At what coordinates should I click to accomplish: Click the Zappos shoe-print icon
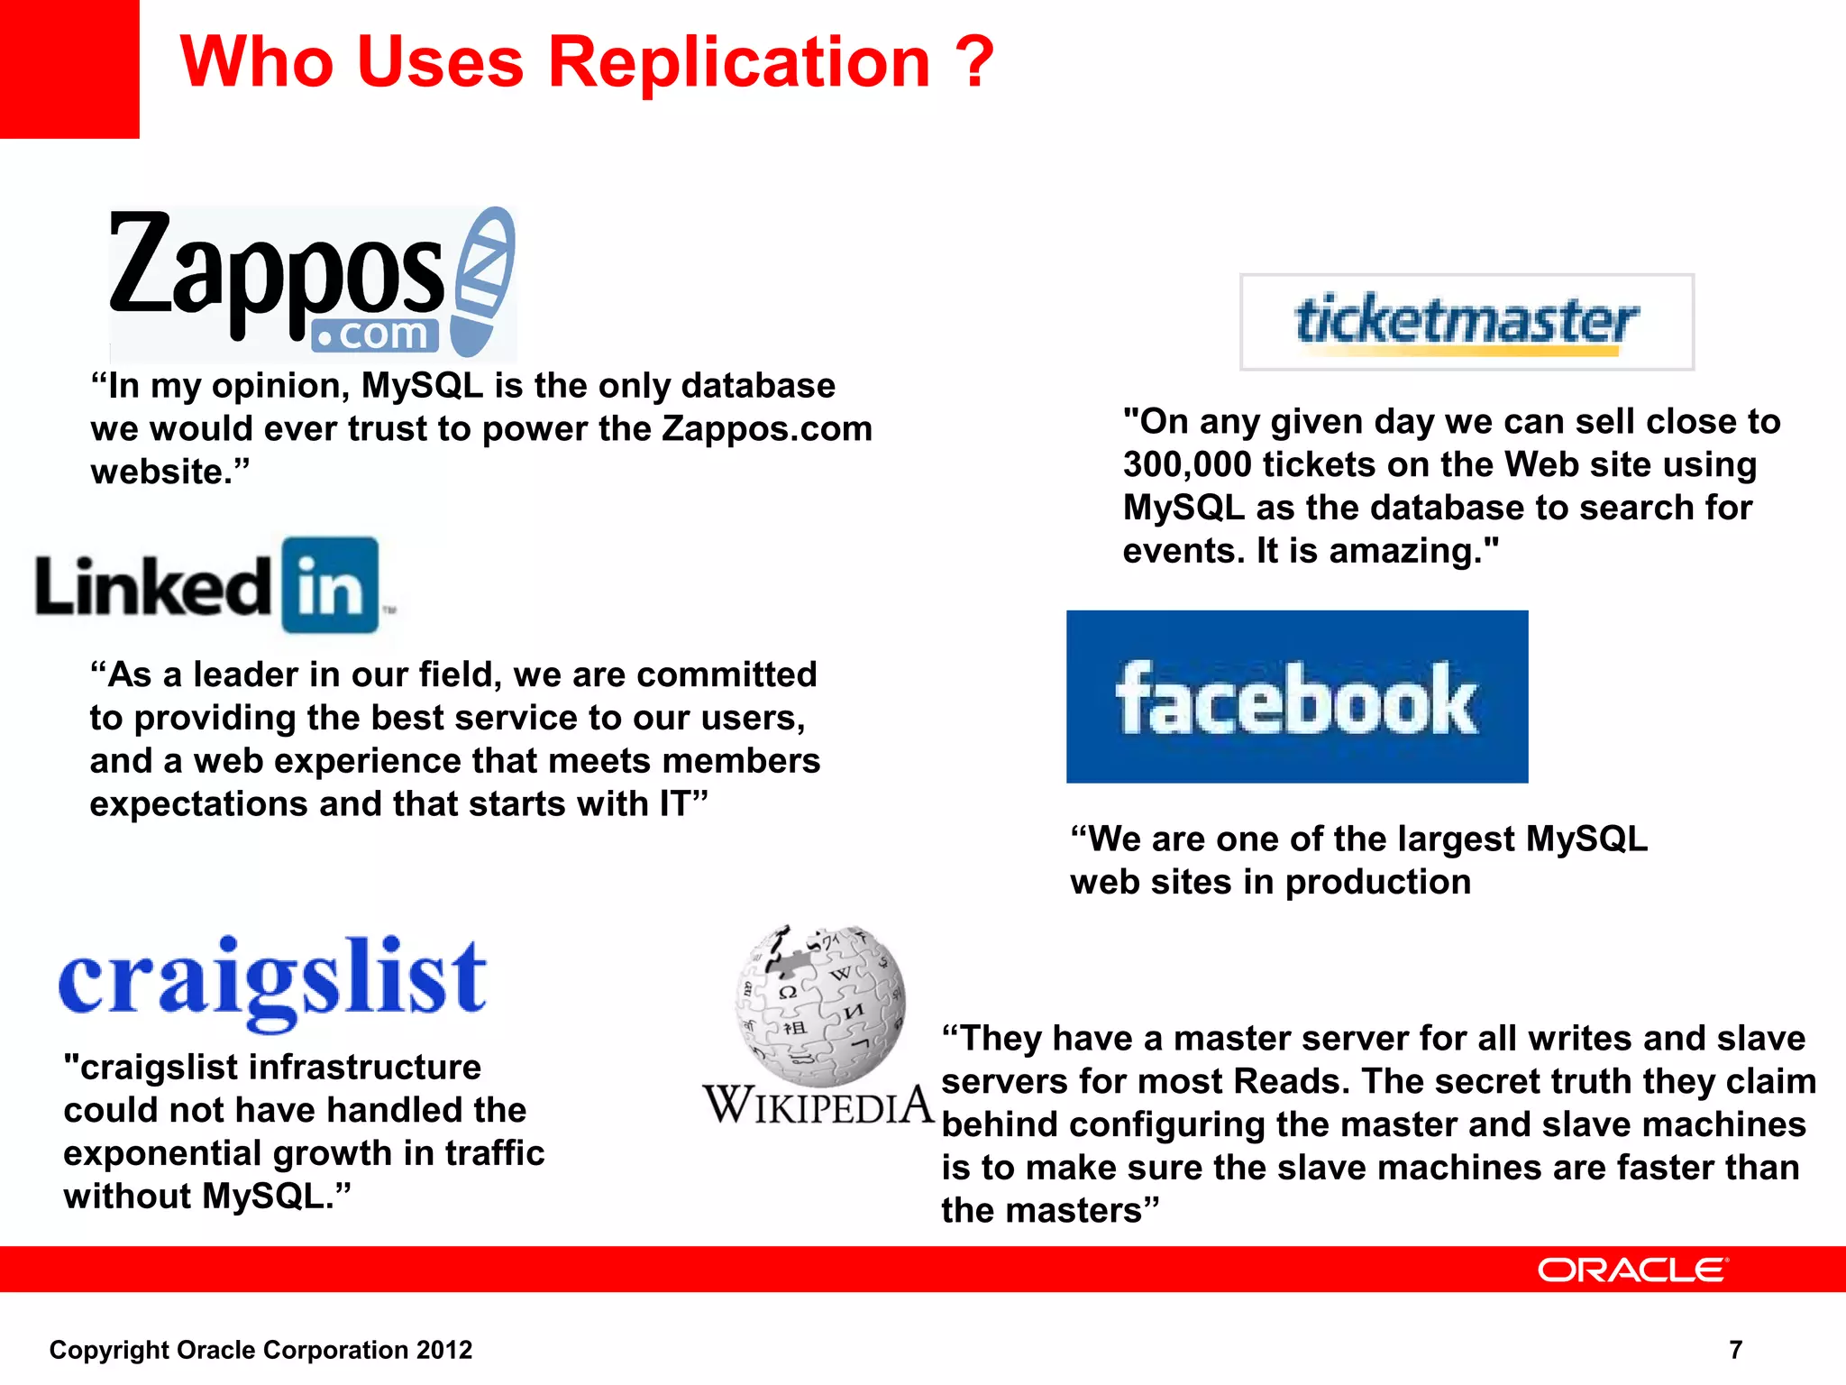(x=484, y=280)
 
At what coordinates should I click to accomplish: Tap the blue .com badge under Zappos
(x=375, y=335)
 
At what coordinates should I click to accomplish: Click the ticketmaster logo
(x=1467, y=321)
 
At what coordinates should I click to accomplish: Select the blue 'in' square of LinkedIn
(x=330, y=585)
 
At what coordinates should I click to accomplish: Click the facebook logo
(x=1296, y=696)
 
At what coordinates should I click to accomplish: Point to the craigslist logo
(x=272, y=981)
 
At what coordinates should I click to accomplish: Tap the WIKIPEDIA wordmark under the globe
(x=818, y=1105)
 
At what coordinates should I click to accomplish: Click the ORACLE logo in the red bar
(x=1632, y=1270)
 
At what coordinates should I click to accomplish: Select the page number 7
(x=1735, y=1349)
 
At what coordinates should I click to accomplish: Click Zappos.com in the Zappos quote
(x=766, y=429)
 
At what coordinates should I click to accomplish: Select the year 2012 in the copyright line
(x=444, y=1350)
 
